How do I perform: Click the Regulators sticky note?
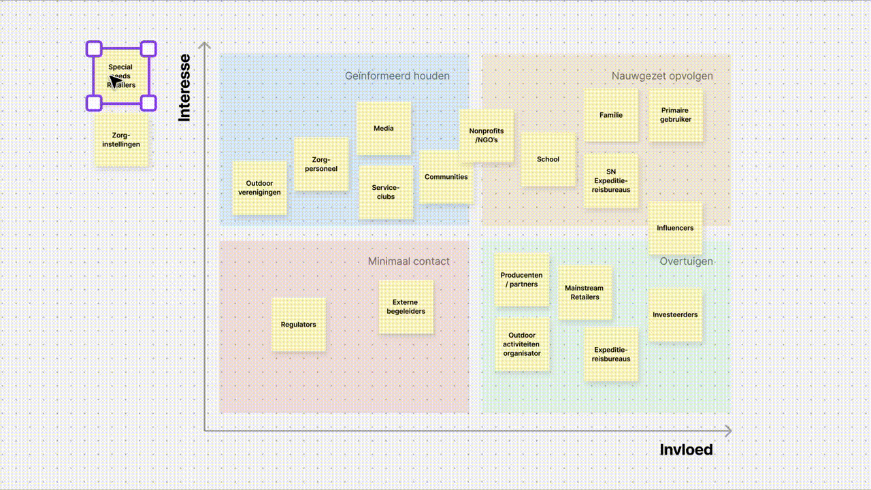tap(299, 325)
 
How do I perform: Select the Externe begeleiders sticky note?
tap(406, 307)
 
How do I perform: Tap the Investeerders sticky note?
tap(675, 315)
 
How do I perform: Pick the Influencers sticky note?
tap(675, 228)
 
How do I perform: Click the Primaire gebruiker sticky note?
tap(675, 115)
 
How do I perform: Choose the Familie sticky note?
tap(611, 115)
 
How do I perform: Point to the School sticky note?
tap(548, 159)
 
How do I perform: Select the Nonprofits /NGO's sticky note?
tap(487, 135)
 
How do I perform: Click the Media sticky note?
tap(384, 129)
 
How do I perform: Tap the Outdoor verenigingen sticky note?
tap(259, 188)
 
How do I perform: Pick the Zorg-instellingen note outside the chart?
tap(121, 140)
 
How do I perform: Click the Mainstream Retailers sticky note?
tap(585, 293)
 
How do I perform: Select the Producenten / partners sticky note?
tap(522, 280)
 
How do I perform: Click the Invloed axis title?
tap(686, 450)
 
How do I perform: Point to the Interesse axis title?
tap(184, 88)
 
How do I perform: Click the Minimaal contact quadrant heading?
tap(408, 261)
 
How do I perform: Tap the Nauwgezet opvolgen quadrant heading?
tap(661, 76)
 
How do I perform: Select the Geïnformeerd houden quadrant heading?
tap(397, 76)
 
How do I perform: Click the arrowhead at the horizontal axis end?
tap(728, 431)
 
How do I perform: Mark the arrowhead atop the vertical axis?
tap(204, 46)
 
